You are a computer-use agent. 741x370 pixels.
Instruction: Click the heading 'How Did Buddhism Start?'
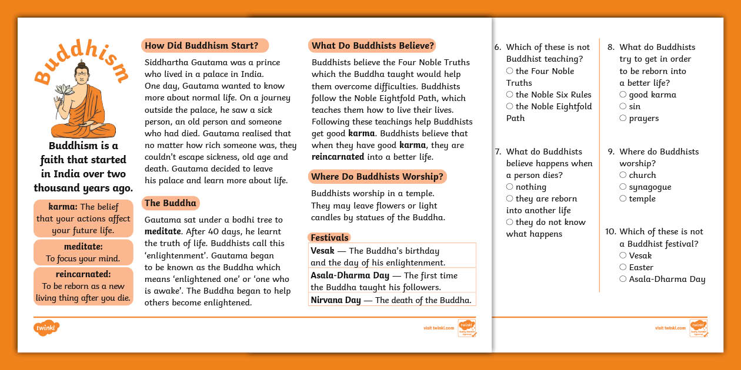(x=202, y=46)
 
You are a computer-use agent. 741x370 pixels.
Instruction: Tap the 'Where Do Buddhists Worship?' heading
(x=377, y=177)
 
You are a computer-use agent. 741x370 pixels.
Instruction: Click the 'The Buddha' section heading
(x=171, y=203)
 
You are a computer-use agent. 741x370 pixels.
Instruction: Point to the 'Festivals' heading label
(x=329, y=238)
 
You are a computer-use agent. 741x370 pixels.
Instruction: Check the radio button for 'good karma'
(x=623, y=95)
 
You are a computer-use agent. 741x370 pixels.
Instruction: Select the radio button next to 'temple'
(x=623, y=199)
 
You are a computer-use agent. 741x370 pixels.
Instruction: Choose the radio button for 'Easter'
(x=623, y=267)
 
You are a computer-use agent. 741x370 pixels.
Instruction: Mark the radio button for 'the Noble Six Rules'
(x=510, y=95)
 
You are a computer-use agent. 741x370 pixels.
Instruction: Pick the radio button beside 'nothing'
(x=510, y=187)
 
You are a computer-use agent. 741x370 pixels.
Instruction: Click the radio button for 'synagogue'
(x=623, y=187)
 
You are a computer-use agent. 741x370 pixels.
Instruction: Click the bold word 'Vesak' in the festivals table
(x=322, y=251)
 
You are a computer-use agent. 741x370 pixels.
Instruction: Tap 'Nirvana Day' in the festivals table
(x=335, y=300)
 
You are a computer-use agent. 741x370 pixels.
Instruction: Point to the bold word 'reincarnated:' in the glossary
(x=83, y=275)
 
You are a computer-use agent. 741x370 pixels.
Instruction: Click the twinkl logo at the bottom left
(x=47, y=328)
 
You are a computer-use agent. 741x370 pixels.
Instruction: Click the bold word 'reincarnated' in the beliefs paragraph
(x=338, y=157)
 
